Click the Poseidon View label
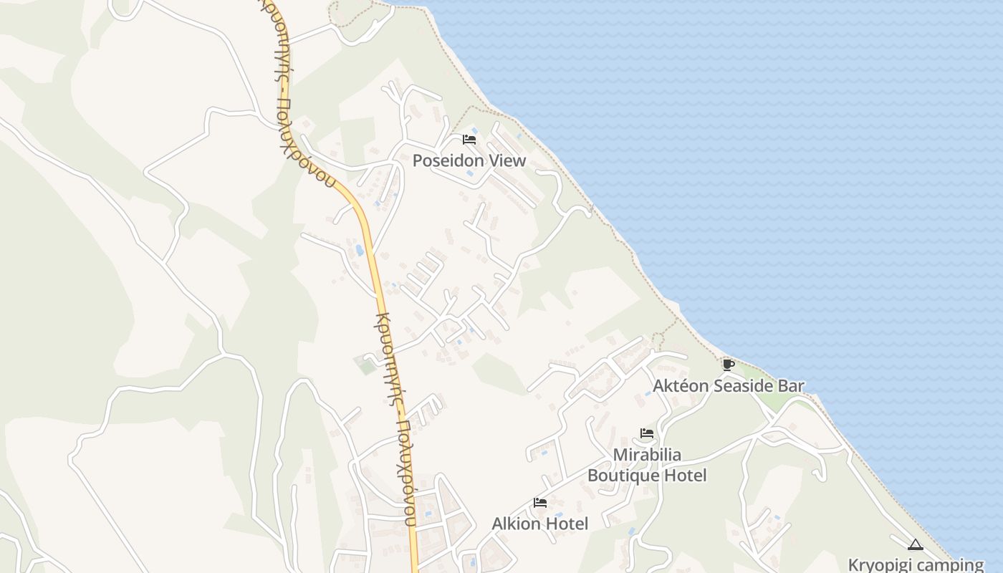point(469,160)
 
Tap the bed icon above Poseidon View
point(469,139)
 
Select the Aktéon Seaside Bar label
point(728,386)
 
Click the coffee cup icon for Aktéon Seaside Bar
point(728,365)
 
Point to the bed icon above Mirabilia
point(647,433)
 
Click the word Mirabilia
point(647,455)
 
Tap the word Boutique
point(625,475)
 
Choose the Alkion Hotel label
point(540,524)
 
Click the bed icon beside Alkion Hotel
point(540,503)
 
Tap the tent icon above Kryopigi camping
point(915,544)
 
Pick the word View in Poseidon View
point(507,160)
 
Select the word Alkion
point(516,524)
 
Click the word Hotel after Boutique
point(686,475)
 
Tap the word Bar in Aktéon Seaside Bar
point(791,386)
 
